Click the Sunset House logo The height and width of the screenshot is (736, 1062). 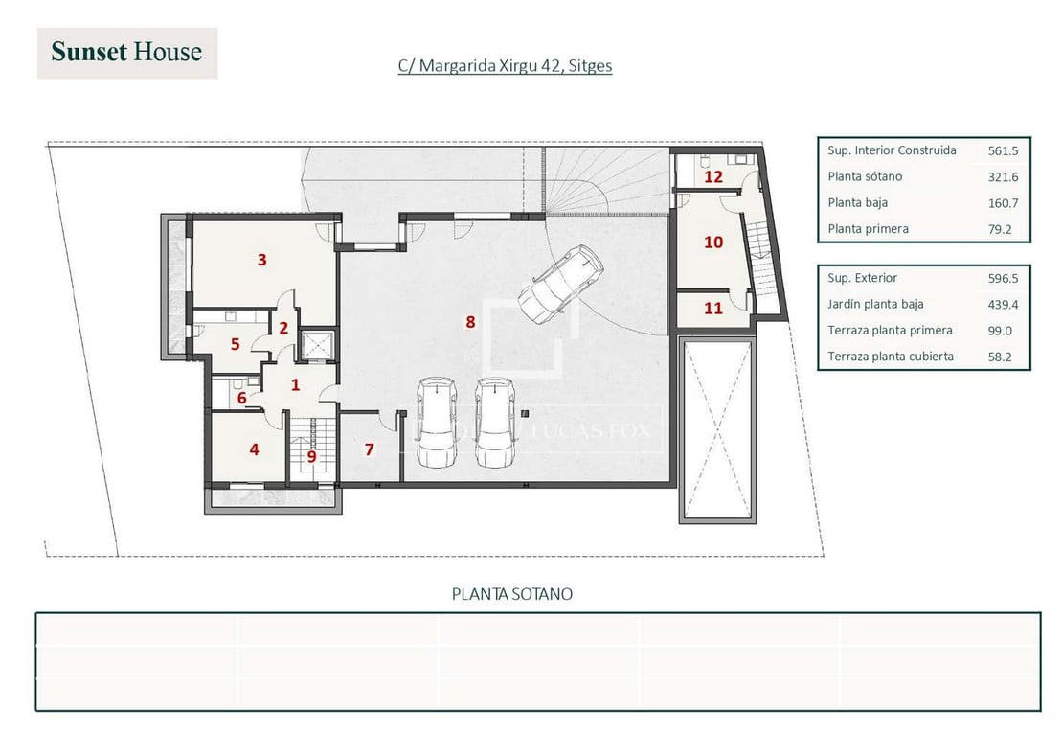pos(127,53)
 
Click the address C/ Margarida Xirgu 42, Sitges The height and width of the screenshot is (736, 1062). pos(506,66)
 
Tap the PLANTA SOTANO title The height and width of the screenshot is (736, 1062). pos(512,594)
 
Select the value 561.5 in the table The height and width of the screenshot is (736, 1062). pos(1003,151)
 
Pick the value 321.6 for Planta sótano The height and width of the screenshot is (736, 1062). pos(1003,177)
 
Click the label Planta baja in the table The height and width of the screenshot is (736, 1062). pos(857,202)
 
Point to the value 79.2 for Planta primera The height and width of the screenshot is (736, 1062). pos(1000,230)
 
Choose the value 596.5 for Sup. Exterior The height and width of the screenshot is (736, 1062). pos(1003,279)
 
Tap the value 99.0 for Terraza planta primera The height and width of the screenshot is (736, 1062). pos(1000,331)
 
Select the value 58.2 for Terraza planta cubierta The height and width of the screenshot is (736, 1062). pos(1000,357)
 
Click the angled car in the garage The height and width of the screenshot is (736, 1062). pos(561,285)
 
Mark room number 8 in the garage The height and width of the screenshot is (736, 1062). pos(470,322)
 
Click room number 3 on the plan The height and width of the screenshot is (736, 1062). pos(262,260)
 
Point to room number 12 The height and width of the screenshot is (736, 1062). pos(713,177)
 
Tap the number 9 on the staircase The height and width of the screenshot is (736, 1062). pos(311,457)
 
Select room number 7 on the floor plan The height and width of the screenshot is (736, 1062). pos(369,449)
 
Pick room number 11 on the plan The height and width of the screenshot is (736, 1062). pos(713,309)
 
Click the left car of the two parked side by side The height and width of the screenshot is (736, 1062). pos(436,423)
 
